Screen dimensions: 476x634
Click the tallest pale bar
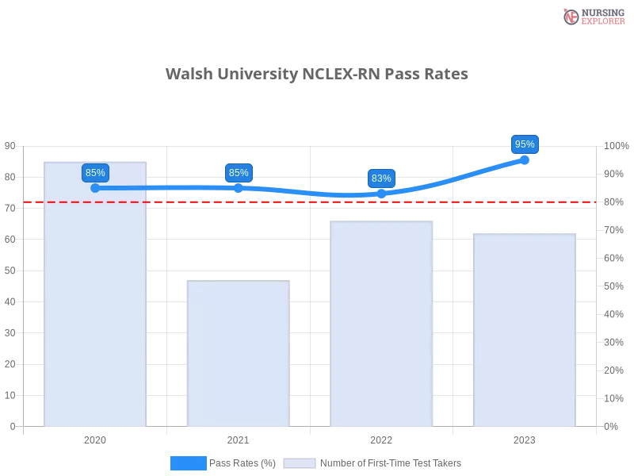coord(95,301)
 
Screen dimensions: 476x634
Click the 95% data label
coord(525,144)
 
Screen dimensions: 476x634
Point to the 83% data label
coord(381,178)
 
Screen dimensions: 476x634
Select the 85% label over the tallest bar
coord(95,173)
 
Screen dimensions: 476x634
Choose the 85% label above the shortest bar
coord(239,173)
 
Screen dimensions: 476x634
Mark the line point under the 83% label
coord(381,194)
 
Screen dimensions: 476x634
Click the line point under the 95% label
coord(525,159)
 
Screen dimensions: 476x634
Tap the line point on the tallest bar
coord(95,188)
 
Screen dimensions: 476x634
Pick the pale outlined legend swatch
coord(300,463)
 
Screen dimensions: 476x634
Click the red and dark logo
coord(592,17)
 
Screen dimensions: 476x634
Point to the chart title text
coord(317,75)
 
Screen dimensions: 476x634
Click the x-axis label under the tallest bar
coord(95,439)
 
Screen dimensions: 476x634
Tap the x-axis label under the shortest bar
coord(238,439)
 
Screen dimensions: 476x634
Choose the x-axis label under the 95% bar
coord(525,439)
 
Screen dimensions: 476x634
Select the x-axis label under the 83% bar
coord(381,439)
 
